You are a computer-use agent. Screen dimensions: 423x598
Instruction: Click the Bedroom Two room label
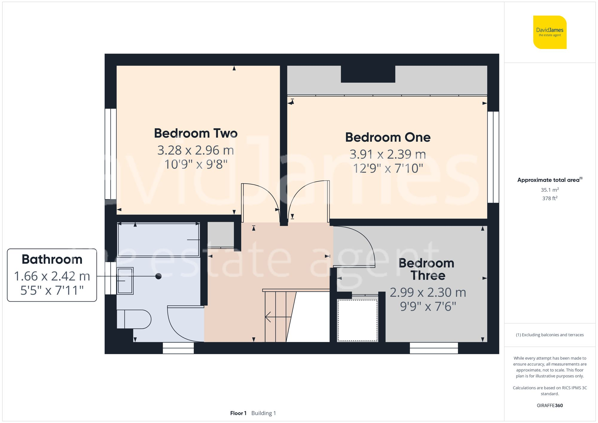[x=196, y=133]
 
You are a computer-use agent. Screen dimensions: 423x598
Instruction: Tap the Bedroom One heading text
[x=388, y=138]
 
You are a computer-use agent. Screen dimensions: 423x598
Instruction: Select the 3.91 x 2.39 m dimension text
[x=388, y=154]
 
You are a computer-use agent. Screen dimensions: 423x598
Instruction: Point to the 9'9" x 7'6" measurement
[x=428, y=306]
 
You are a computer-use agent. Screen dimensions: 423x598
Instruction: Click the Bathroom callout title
[x=52, y=259]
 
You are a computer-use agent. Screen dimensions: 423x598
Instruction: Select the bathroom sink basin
[x=125, y=281]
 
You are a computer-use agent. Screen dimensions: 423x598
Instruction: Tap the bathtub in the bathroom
[x=158, y=240]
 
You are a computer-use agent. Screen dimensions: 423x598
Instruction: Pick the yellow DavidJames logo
[x=550, y=32]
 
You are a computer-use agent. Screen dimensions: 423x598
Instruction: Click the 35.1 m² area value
[x=550, y=190]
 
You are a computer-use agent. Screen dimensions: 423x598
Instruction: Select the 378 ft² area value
[x=550, y=198]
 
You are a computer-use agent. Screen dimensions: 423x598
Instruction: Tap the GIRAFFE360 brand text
[x=550, y=405]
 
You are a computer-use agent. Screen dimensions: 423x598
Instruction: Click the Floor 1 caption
[x=238, y=413]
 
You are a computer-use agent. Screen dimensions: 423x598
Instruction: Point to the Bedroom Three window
[x=434, y=348]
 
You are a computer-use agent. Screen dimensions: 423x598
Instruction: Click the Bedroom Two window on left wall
[x=110, y=154]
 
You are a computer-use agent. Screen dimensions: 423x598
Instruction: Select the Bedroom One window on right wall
[x=493, y=157]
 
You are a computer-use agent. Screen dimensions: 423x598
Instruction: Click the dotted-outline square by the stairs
[x=357, y=320]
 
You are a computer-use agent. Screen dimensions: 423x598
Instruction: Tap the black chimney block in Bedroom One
[x=368, y=74]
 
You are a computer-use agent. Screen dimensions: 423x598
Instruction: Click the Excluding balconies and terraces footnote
[x=550, y=335]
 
